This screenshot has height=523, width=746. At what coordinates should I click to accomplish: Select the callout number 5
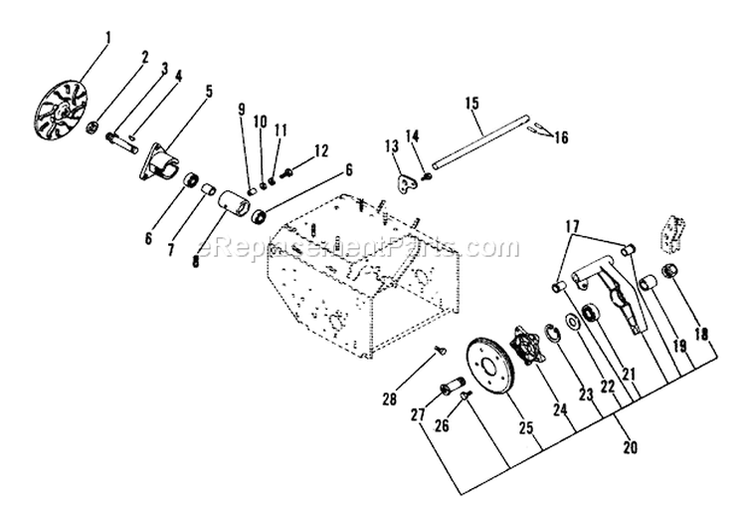[209, 91]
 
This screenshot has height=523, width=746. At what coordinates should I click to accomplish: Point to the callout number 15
[471, 103]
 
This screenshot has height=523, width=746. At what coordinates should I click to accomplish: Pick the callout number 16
[563, 137]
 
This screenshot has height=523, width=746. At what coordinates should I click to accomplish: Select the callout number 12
[320, 150]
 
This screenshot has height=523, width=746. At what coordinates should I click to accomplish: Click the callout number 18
[704, 336]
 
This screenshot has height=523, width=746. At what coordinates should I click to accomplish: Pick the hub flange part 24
[529, 350]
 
